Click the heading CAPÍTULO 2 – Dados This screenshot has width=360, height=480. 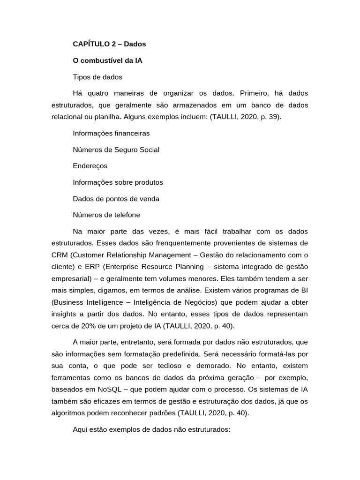tap(109, 44)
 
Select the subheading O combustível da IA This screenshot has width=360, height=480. tap(107, 60)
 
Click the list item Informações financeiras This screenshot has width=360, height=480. tap(111, 133)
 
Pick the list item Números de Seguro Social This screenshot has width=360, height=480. tap(116, 150)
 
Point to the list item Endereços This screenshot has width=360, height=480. tap(90, 166)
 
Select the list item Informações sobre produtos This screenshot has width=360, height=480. tap(118, 182)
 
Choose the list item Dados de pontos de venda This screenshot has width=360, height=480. tap(116, 199)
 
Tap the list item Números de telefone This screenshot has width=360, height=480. tap(106, 215)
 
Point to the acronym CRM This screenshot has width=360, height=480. tap(60, 255)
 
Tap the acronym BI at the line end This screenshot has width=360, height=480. tap(304, 290)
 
